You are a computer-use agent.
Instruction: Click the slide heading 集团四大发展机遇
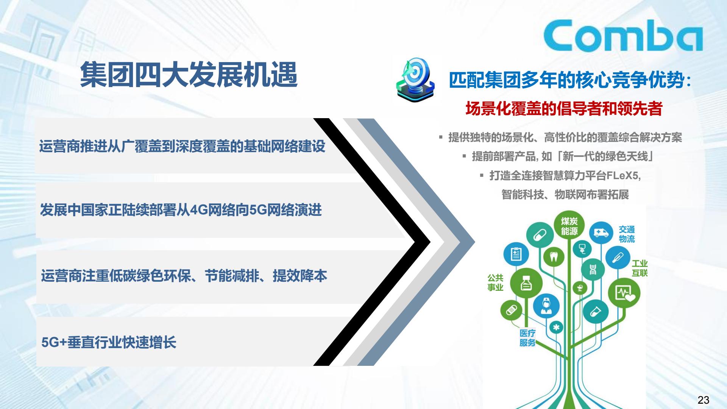pyautogui.click(x=189, y=75)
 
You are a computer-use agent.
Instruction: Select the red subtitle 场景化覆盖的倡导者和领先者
pyautogui.click(x=564, y=109)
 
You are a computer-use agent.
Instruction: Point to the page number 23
pyautogui.click(x=703, y=400)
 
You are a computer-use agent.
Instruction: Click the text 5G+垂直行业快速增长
pyautogui.click(x=109, y=343)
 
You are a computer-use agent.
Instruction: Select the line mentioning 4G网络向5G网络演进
pyautogui.click(x=181, y=210)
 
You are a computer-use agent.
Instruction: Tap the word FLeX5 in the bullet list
pyautogui.click(x=623, y=176)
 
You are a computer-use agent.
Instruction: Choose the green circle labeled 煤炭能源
pyautogui.click(x=569, y=226)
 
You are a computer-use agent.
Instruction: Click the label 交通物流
pyautogui.click(x=627, y=234)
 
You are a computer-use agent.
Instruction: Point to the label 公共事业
pyautogui.click(x=495, y=283)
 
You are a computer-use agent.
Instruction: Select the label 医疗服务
pyautogui.click(x=527, y=338)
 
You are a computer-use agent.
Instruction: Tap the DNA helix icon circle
pyautogui.click(x=593, y=269)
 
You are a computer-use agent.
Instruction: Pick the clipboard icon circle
pyautogui.click(x=516, y=254)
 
